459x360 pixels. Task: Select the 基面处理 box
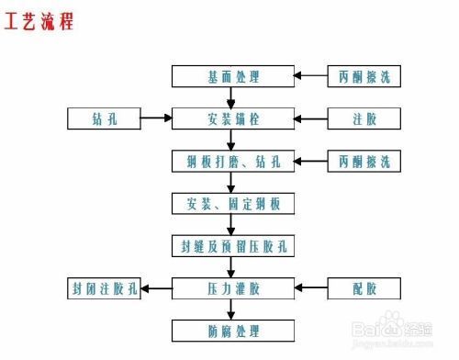(233, 76)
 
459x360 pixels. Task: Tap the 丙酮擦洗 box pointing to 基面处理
(364, 76)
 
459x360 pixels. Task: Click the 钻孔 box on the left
(103, 118)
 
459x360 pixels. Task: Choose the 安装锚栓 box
(233, 118)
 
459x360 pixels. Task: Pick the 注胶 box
(364, 118)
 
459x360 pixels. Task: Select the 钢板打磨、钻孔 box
(233, 161)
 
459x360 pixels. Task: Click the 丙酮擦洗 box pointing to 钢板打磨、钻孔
(364, 161)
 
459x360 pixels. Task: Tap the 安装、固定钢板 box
(233, 203)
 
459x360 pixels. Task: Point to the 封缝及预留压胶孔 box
(233, 245)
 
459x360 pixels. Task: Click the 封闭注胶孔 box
(103, 288)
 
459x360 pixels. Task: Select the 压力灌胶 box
(233, 288)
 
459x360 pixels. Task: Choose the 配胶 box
(364, 288)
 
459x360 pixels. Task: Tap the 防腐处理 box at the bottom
(233, 330)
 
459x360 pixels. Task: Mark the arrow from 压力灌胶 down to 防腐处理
(233, 309)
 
